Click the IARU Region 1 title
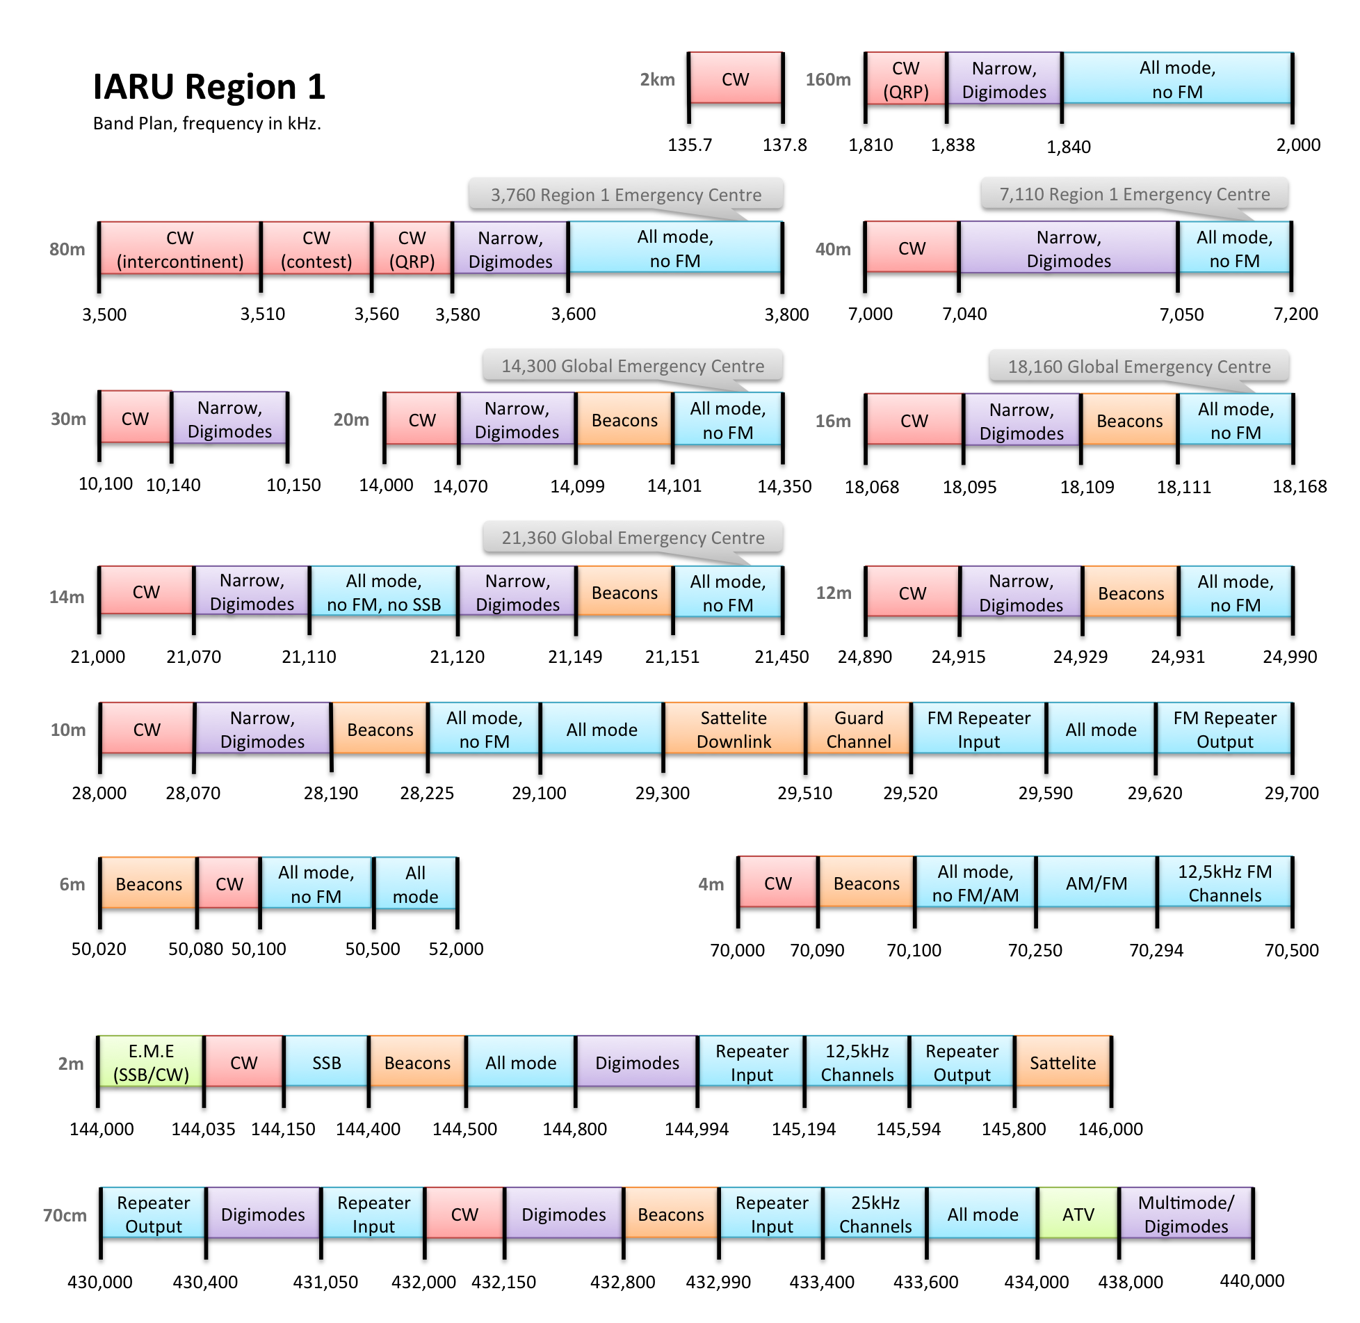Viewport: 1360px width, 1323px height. coord(209,87)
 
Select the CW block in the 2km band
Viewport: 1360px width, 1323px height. coord(735,79)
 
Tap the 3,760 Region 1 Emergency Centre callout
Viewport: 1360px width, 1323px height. coord(626,195)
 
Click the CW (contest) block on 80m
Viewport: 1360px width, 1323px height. coord(316,249)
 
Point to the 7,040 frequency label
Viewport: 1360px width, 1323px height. coord(964,314)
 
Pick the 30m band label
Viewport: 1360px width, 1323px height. coord(68,419)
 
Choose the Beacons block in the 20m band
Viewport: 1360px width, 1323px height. coord(624,420)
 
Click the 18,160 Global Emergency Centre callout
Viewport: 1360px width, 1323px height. coord(1139,367)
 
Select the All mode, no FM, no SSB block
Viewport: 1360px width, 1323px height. coord(384,592)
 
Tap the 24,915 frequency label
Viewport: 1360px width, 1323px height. coord(958,657)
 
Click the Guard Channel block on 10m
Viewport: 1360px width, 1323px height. coord(859,729)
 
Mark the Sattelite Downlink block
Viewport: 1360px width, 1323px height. coord(734,729)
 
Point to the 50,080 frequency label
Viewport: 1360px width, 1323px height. coord(195,949)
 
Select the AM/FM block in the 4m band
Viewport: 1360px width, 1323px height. coord(1096,883)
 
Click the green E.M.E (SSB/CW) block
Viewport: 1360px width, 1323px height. coord(151,1062)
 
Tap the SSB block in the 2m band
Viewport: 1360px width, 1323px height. coord(326,1062)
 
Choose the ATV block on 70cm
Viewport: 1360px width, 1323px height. coord(1078,1214)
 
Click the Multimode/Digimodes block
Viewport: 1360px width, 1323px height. coord(1185,1214)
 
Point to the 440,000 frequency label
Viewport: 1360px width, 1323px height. coord(1252,1281)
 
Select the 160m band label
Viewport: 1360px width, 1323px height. coord(827,79)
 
